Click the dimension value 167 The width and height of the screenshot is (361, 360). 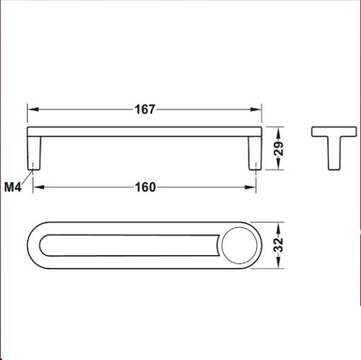145,110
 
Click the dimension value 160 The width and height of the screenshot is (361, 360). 144,188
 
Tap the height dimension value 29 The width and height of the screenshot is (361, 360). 279,150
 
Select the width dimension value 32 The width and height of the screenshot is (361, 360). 279,246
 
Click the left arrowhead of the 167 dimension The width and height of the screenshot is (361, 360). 31,110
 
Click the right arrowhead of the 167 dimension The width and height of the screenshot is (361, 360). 258,110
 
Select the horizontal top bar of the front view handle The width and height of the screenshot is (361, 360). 145,133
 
